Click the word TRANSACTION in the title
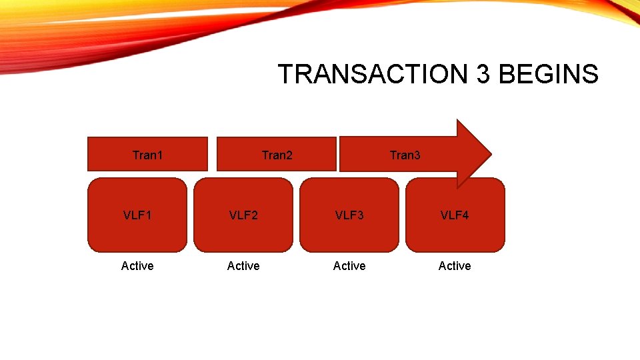tap(374, 74)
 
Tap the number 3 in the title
tap(483, 74)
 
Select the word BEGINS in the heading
tap(548, 74)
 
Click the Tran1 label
tap(147, 155)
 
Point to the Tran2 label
tap(277, 155)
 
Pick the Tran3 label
tap(405, 155)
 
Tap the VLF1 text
tap(137, 215)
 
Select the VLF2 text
tap(243, 215)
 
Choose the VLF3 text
tap(349, 215)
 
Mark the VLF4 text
tap(455, 215)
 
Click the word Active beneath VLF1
tap(137, 266)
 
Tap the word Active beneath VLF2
tap(243, 266)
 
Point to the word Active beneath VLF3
tap(349, 266)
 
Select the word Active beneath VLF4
tap(455, 266)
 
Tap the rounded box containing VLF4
tap(455, 233)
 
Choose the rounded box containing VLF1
tap(137, 233)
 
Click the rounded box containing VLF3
tap(349, 233)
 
